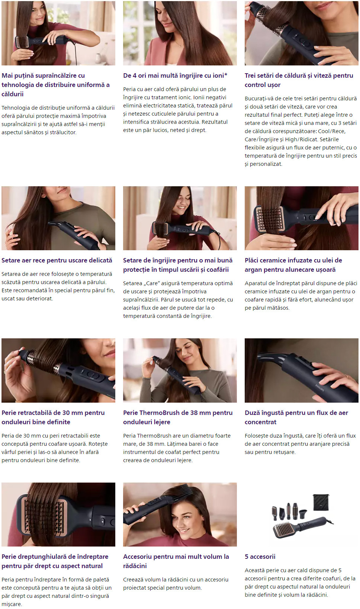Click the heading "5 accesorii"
pyautogui.click(x=260, y=557)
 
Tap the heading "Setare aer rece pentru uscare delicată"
pyautogui.click(x=57, y=260)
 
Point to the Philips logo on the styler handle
pyautogui.click(x=319, y=387)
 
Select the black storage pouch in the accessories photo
pyautogui.click(x=321, y=502)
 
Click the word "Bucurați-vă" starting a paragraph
pyautogui.click(x=258, y=99)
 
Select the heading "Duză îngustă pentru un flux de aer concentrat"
pyautogui.click(x=296, y=417)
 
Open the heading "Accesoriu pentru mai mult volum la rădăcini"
pyautogui.click(x=176, y=561)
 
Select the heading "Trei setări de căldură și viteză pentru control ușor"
pyautogui.click(x=299, y=80)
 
